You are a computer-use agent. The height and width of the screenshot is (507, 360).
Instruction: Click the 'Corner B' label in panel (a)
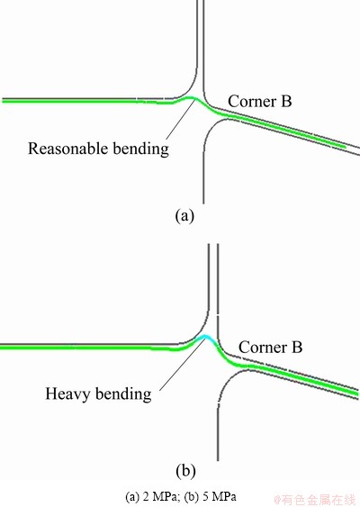[x=259, y=101]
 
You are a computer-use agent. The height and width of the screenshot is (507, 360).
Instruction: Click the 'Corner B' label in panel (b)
[x=270, y=347]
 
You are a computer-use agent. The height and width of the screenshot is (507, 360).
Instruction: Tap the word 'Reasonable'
[x=67, y=149]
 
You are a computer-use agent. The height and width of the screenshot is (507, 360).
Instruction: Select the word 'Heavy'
[x=67, y=394]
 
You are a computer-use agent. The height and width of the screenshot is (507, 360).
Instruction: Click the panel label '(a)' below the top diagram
[x=184, y=215]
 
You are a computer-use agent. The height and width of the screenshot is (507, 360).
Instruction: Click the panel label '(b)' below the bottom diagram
[x=185, y=470]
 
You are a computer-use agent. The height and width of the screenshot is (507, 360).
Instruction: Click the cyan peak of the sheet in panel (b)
[x=206, y=337]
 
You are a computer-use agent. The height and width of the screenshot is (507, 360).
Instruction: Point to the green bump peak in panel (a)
[x=191, y=97]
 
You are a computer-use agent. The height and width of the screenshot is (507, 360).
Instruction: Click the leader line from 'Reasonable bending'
[x=180, y=119]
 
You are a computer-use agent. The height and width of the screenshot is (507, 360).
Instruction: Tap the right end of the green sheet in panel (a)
[x=345, y=147]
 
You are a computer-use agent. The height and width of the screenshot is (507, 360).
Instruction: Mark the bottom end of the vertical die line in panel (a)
[x=203, y=203]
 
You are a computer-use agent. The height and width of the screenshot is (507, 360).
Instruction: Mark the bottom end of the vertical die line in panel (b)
[x=218, y=460]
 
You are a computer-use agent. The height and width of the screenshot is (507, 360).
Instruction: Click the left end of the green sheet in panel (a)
[x=3, y=101]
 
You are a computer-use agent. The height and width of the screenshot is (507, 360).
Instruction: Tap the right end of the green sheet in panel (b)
[x=357, y=394]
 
